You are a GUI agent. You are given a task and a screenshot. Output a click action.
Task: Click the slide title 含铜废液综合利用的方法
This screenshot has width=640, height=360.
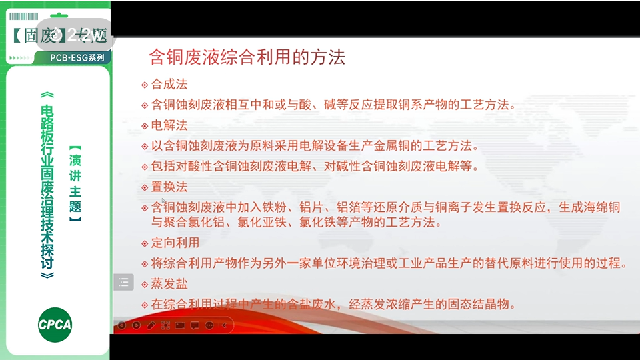pyautogui.click(x=247, y=57)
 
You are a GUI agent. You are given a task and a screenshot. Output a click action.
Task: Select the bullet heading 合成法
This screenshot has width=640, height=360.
pyautogui.click(x=169, y=85)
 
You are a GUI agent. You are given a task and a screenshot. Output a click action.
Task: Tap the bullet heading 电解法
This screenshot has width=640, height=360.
pyautogui.click(x=169, y=125)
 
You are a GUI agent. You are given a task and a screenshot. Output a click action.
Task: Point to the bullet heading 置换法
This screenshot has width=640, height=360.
pyautogui.click(x=169, y=187)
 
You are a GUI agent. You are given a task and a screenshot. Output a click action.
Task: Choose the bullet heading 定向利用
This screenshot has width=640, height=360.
pyautogui.click(x=175, y=243)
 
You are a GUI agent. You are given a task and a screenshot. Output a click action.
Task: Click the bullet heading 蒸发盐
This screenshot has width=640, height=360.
pyautogui.click(x=169, y=284)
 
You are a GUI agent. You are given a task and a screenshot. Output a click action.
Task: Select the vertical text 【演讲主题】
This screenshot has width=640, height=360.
pyautogui.click(x=75, y=184)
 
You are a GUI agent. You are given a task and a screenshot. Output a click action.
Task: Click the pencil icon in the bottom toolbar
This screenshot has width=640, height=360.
pyautogui.click(x=151, y=325)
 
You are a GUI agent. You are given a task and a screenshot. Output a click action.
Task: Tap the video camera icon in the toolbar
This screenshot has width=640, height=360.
pyautogui.click(x=180, y=325)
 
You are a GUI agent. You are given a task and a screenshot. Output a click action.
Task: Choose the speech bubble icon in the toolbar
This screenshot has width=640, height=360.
pyautogui.click(x=195, y=325)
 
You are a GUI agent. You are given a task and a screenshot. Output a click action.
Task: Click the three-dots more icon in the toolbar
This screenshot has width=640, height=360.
pyautogui.click(x=209, y=325)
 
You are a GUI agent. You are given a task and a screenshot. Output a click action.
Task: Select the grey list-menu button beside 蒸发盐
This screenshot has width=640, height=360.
pyautogui.click(x=123, y=283)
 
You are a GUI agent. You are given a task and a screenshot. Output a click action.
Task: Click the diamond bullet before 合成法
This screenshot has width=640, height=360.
pyautogui.click(x=145, y=85)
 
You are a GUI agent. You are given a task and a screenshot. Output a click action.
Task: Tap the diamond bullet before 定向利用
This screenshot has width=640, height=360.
pyautogui.click(x=145, y=243)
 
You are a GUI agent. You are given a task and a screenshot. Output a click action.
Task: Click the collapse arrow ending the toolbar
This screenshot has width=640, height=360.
pyautogui.click(x=224, y=325)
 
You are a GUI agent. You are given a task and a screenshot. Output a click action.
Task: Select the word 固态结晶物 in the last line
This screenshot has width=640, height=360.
pyautogui.click(x=486, y=305)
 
